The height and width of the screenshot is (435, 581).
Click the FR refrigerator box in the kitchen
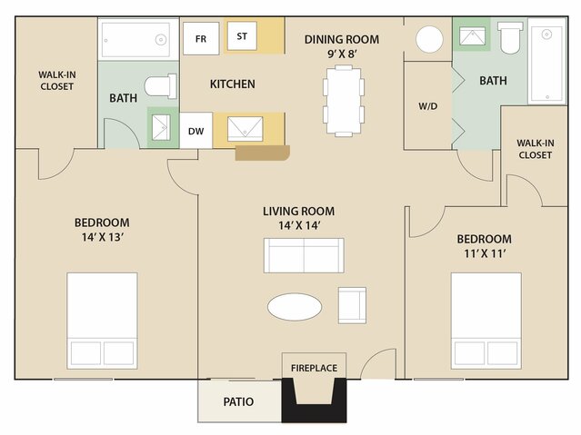click(201, 38)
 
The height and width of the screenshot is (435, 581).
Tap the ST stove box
click(242, 36)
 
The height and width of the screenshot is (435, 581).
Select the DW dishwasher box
click(196, 131)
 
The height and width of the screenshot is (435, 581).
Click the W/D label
click(428, 106)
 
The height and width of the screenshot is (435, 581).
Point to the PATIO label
click(238, 401)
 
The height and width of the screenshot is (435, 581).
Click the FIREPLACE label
click(315, 368)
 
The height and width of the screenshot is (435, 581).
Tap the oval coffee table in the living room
click(295, 307)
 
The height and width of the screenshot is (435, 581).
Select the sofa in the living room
click(304, 255)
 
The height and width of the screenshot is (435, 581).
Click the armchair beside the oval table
click(352, 305)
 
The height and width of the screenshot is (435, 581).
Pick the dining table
click(344, 101)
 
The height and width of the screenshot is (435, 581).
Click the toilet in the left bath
click(160, 86)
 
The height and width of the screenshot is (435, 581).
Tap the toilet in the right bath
click(510, 37)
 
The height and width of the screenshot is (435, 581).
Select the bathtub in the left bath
click(138, 40)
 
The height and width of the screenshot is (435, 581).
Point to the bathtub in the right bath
click(547, 62)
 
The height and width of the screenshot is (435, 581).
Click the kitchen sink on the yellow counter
click(245, 129)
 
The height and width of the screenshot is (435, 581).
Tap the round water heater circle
click(429, 39)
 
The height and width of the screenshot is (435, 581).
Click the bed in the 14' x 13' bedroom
click(102, 321)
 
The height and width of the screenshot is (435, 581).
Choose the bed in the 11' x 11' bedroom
click(486, 321)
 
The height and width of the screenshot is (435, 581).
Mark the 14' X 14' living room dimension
click(299, 225)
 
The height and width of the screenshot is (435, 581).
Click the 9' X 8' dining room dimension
click(342, 54)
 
